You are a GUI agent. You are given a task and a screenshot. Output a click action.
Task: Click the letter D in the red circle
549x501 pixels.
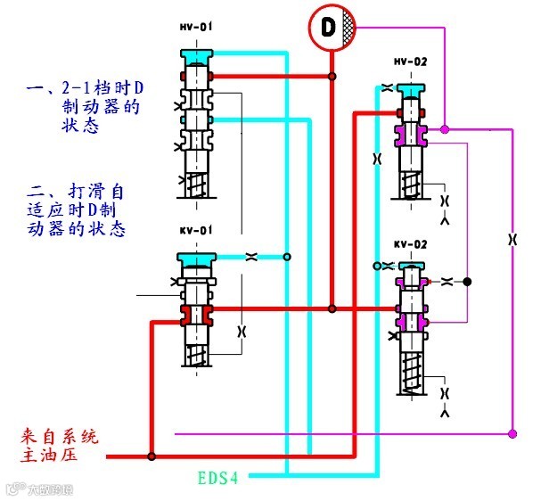click(x=327, y=27)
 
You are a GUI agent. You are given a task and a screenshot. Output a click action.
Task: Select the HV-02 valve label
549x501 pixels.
click(x=410, y=62)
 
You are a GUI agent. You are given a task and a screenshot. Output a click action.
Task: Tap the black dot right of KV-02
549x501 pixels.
click(x=467, y=281)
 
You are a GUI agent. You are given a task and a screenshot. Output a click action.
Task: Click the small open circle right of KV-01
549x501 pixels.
click(x=287, y=258)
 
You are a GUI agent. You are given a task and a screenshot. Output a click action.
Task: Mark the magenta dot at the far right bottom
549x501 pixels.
click(x=512, y=433)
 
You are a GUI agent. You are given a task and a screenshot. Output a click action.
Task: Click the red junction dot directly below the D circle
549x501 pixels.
click(x=332, y=78)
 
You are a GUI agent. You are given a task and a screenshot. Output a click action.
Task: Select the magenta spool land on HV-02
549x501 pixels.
click(x=410, y=135)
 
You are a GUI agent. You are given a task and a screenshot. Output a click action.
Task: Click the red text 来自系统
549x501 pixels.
click(x=59, y=438)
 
